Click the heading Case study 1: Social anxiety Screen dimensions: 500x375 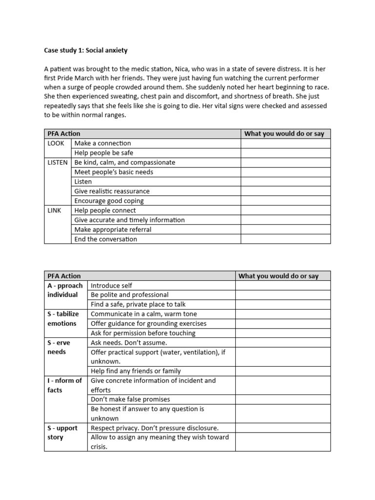click(85, 50)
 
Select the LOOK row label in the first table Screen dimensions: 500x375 click(56, 143)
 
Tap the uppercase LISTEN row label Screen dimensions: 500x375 click(58, 162)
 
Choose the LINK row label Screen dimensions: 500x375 click(54, 210)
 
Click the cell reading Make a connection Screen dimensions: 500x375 click(103, 143)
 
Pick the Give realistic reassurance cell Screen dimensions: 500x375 click(112, 191)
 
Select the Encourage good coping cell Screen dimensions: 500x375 click(109, 201)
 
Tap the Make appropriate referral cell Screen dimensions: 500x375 click(113, 229)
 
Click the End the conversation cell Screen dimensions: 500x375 click(105, 239)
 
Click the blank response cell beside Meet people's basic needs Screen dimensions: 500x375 click(285, 172)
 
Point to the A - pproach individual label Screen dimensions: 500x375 click(65, 290)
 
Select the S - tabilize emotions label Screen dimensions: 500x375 click(63, 318)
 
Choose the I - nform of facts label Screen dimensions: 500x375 click(64, 385)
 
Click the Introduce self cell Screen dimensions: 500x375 click(111, 286)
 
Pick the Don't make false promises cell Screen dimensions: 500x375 click(130, 399)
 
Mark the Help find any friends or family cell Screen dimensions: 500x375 click(136, 371)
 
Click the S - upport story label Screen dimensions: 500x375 click(62, 433)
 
